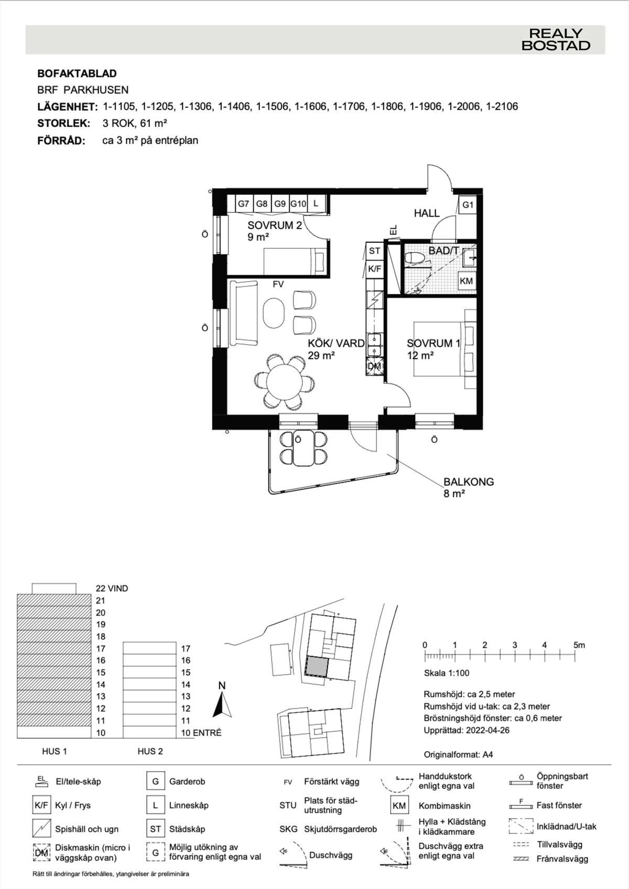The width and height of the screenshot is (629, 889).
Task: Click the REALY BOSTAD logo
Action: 556,40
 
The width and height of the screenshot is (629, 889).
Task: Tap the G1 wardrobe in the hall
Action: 468,205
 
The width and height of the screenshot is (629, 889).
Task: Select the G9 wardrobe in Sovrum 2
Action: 280,203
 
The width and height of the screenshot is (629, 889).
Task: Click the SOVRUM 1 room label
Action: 433,343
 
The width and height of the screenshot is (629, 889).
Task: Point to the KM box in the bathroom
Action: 466,281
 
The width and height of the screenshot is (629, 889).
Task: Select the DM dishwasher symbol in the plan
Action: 374,366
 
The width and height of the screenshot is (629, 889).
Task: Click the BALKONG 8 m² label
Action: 468,487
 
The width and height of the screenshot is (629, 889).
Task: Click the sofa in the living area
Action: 243,313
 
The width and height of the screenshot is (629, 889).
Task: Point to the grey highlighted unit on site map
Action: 317,667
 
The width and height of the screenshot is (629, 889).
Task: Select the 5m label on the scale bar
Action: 579,645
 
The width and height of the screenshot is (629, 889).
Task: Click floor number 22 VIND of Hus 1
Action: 112,588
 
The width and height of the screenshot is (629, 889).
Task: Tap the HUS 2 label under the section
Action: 150,751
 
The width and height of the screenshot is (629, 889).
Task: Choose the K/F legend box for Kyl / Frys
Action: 41,805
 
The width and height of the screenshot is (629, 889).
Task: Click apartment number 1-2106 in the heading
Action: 502,106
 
